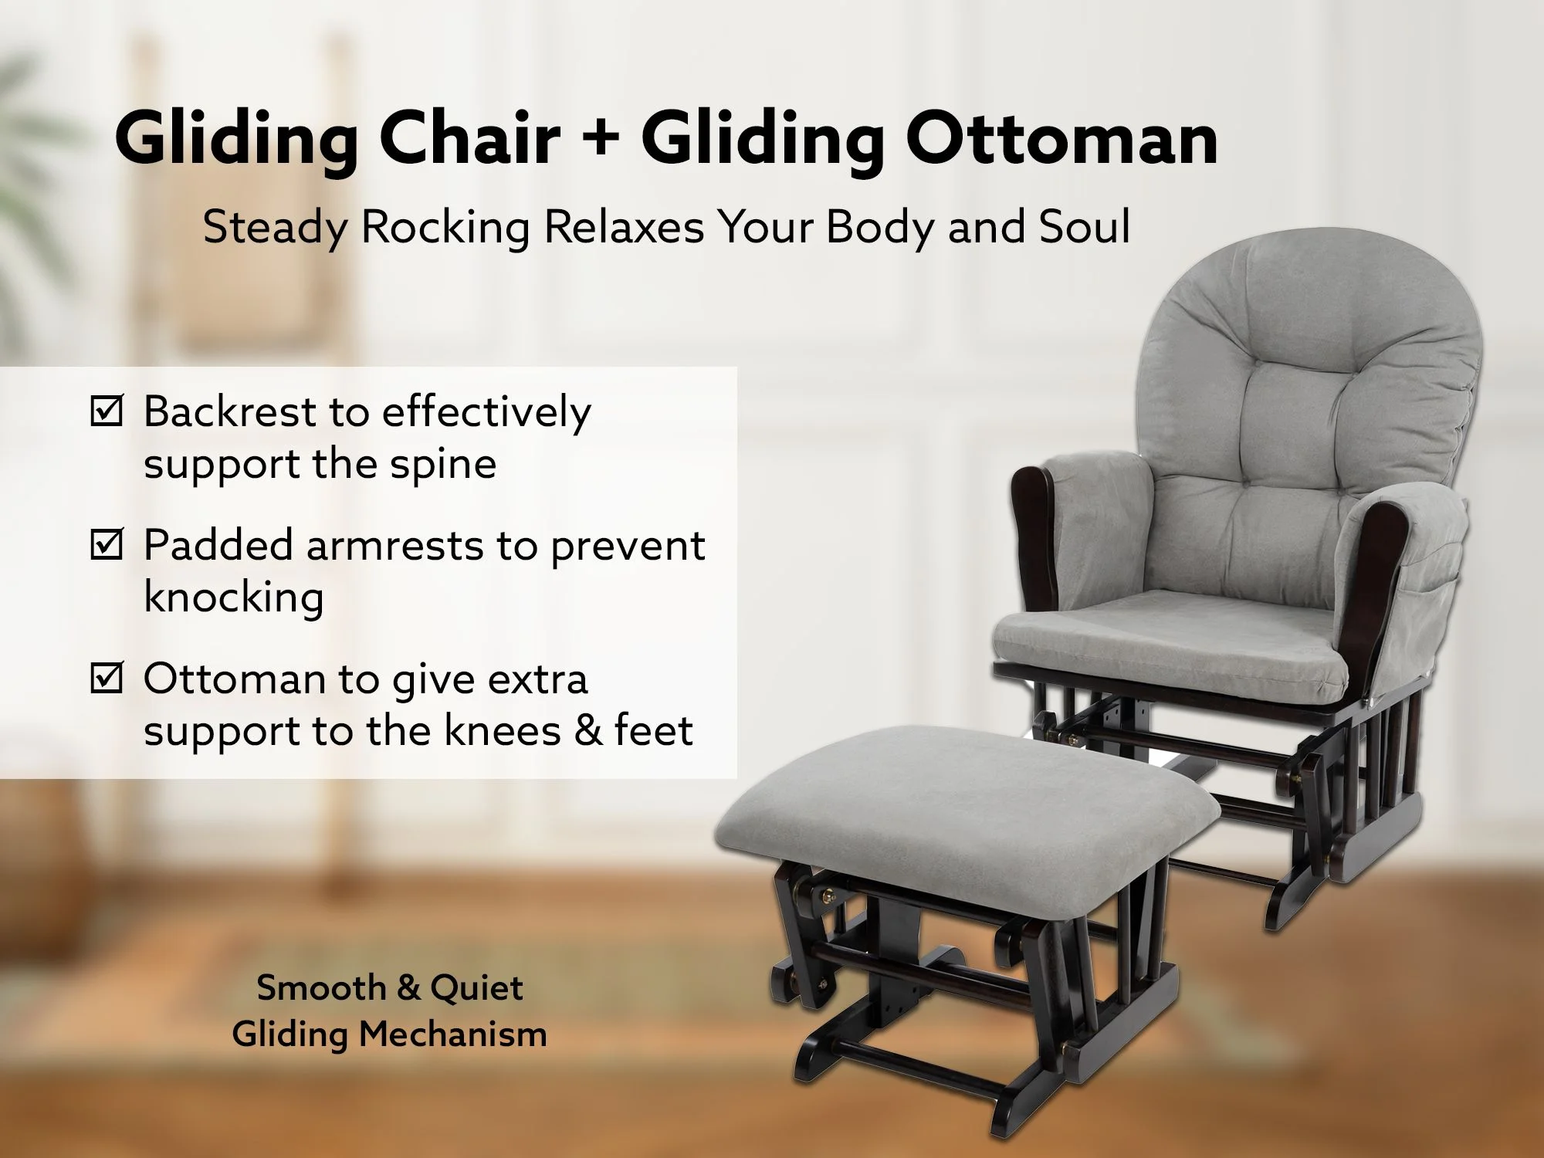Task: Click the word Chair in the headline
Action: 469,139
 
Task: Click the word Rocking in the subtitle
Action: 445,228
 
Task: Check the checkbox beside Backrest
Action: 107,411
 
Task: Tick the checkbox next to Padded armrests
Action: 107,544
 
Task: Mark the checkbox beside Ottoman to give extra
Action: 107,678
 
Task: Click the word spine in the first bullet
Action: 443,466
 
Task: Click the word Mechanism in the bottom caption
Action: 453,1034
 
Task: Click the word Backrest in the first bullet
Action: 231,411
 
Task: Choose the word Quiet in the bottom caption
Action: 476,988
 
